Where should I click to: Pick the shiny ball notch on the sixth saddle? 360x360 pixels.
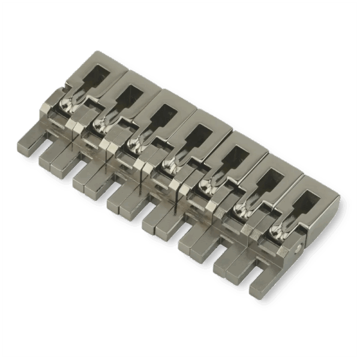(243, 207)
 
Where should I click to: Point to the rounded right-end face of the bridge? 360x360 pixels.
(318, 234)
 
